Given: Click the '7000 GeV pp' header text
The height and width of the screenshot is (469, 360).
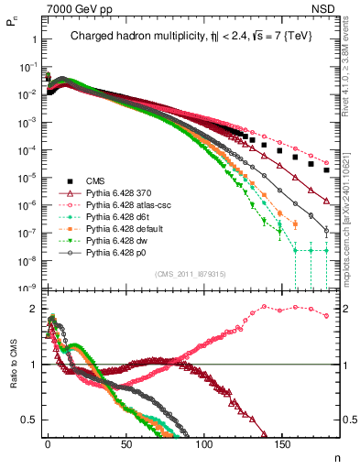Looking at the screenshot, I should pos(74,7).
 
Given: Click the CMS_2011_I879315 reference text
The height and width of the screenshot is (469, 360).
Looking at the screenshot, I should pos(188,274).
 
